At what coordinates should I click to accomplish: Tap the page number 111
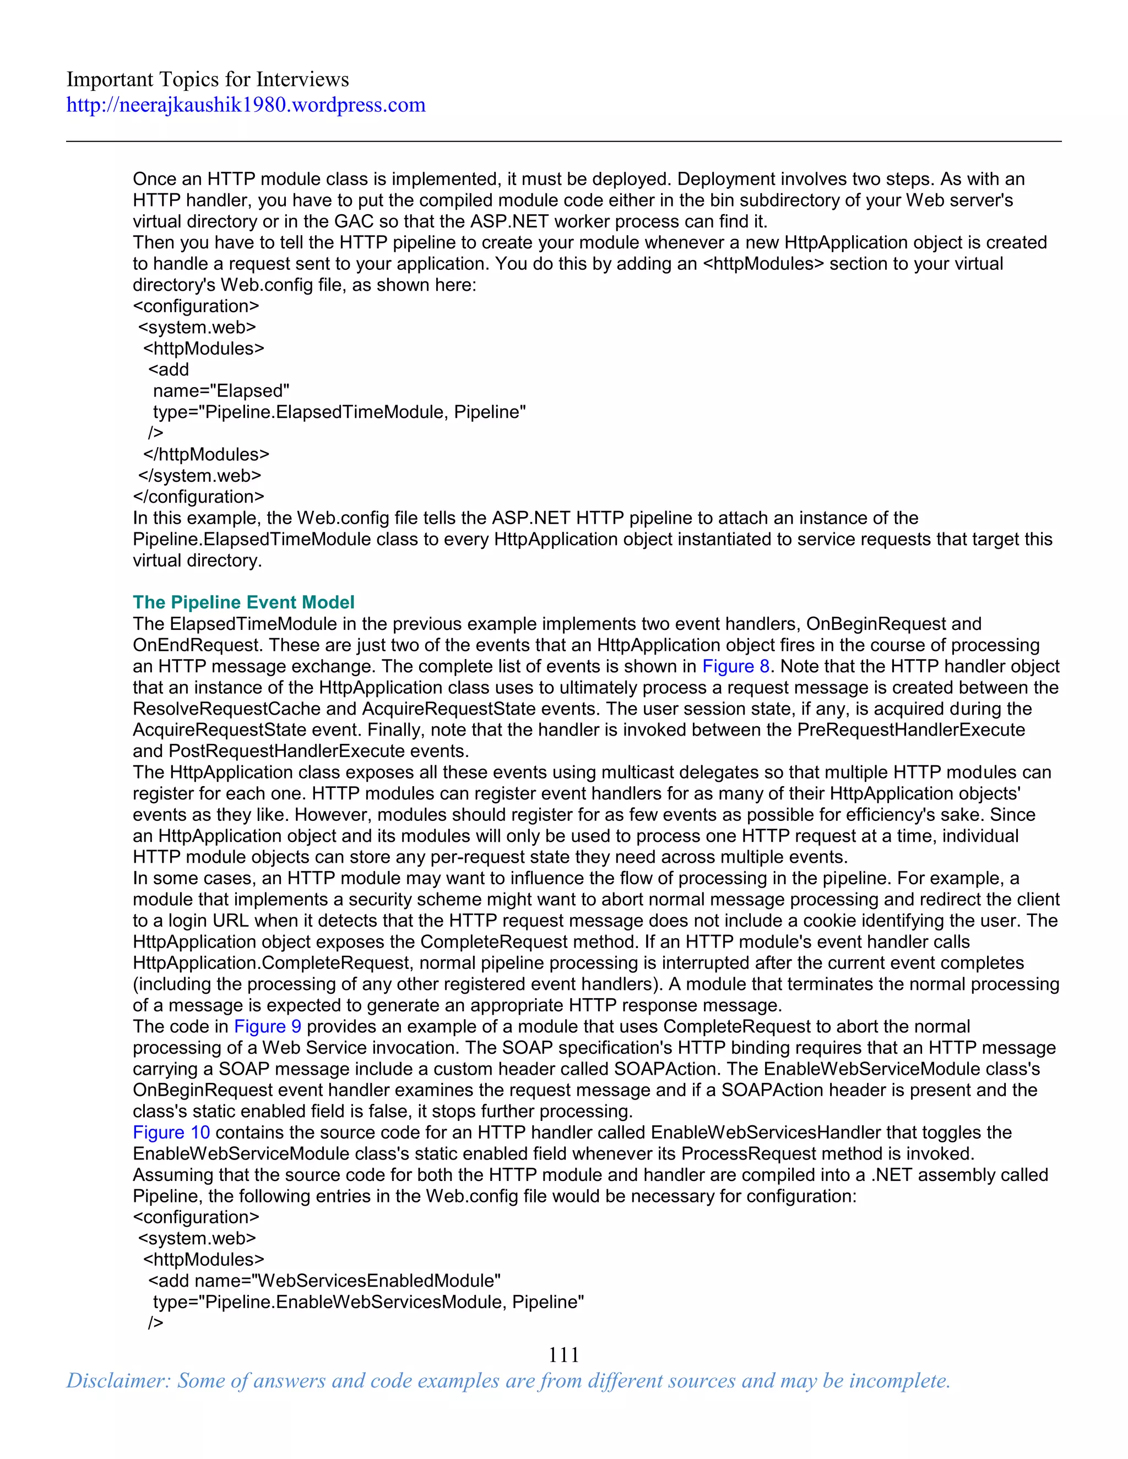click(x=563, y=1354)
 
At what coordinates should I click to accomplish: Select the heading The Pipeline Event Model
click(x=243, y=602)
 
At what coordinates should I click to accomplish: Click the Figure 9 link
click(x=267, y=1026)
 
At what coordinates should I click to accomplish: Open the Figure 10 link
click(x=171, y=1133)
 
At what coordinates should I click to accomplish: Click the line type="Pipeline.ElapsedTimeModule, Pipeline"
click(x=339, y=412)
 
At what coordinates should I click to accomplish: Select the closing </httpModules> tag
click(x=206, y=454)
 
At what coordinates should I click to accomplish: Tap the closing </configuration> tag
click(x=198, y=497)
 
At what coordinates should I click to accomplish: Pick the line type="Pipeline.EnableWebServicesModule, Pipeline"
click(x=368, y=1302)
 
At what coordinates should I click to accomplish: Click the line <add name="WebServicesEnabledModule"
click(x=324, y=1281)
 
